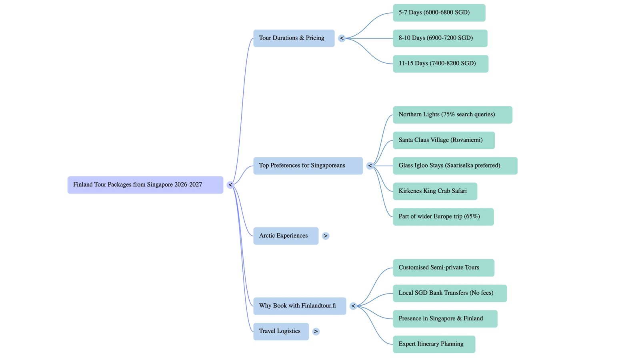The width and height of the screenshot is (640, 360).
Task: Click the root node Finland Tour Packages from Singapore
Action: [x=145, y=185]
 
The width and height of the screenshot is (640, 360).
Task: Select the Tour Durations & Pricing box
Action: [x=294, y=38]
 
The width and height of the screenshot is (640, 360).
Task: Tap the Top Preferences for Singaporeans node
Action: [x=308, y=166]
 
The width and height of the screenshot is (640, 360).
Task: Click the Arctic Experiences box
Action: [x=286, y=236]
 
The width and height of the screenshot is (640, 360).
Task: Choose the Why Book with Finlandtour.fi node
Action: [x=299, y=306]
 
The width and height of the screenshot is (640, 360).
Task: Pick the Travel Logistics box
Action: [x=281, y=331]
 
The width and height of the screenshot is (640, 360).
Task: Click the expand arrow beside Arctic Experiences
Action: [x=326, y=236]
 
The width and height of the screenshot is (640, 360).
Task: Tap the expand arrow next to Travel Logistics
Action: [x=316, y=332]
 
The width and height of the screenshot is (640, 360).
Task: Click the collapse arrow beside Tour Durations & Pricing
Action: [x=342, y=38]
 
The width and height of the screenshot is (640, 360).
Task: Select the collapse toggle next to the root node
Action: [x=230, y=185]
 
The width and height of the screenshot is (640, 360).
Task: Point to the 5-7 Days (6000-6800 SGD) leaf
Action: [x=439, y=13]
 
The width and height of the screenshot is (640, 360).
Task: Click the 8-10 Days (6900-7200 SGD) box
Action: [x=440, y=38]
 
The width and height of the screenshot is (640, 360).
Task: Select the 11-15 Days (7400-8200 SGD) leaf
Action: [x=440, y=64]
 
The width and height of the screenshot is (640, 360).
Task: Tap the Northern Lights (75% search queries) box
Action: [x=452, y=114]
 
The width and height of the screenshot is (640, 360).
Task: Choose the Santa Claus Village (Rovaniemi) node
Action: [x=444, y=140]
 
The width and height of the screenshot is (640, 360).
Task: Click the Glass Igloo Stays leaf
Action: [x=455, y=166]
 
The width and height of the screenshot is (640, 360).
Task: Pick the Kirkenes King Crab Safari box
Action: [x=435, y=191]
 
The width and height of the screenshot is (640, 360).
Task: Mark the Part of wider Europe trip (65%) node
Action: [x=443, y=216]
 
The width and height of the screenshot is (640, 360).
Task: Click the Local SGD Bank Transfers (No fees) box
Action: [x=450, y=293]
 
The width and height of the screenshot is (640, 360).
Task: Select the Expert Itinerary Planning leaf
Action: [x=434, y=344]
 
